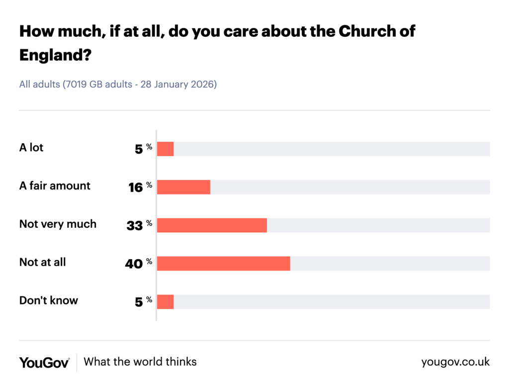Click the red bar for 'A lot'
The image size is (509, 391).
tap(166, 149)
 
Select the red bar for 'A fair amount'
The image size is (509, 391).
tap(183, 187)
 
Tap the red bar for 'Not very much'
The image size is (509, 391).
tap(212, 225)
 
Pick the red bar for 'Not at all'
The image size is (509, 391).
tap(223, 264)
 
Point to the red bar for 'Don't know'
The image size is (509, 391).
tap(166, 302)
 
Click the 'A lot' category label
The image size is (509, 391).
tap(31, 148)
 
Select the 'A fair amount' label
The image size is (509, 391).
tap(55, 186)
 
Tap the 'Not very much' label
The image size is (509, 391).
tap(58, 224)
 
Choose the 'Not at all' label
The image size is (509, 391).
tap(42, 262)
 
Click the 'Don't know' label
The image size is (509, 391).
tap(48, 300)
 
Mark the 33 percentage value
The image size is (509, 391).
tap(135, 226)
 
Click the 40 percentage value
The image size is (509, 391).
tap(134, 264)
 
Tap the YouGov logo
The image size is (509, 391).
tap(44, 362)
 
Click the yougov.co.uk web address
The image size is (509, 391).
tap(455, 362)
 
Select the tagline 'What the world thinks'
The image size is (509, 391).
tap(140, 362)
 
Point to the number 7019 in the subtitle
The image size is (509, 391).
tap(75, 85)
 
